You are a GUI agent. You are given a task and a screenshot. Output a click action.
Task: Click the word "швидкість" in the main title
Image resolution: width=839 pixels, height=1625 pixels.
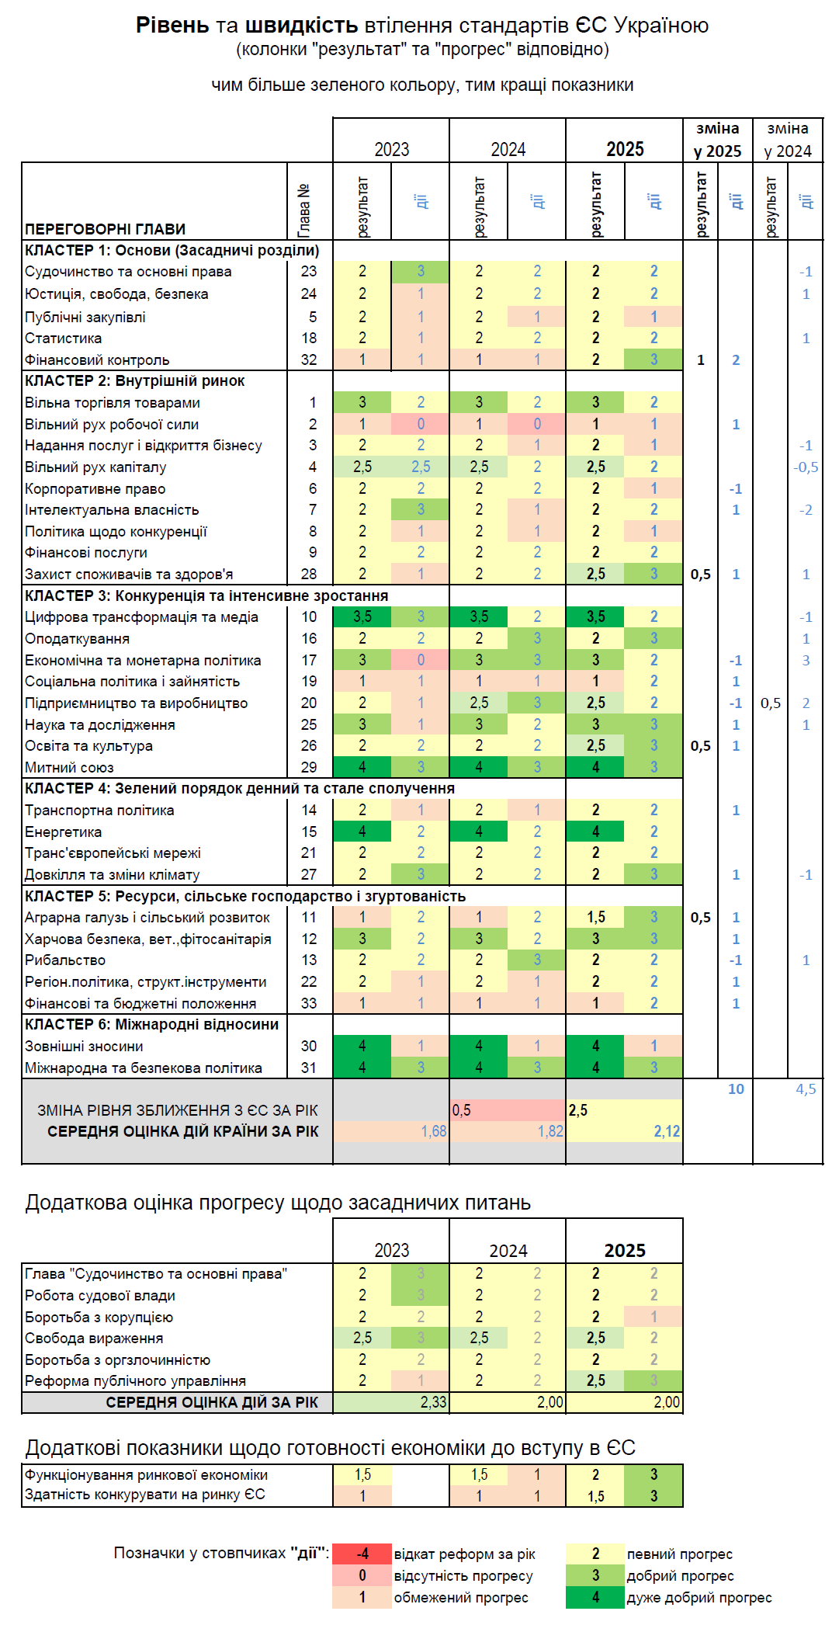(301, 26)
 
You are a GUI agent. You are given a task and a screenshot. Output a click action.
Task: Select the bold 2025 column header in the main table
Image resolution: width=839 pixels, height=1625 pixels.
(625, 149)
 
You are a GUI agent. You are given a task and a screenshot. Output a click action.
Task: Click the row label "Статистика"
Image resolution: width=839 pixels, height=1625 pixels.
(63, 339)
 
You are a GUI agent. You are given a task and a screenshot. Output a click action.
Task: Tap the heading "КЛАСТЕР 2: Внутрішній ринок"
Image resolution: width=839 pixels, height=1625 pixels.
(134, 381)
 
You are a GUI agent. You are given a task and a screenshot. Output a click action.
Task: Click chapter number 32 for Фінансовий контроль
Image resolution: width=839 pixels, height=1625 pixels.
(309, 360)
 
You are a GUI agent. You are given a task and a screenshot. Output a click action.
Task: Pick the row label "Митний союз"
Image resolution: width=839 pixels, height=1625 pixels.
(69, 768)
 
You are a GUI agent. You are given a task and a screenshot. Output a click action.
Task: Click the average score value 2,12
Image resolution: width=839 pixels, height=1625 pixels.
(666, 1131)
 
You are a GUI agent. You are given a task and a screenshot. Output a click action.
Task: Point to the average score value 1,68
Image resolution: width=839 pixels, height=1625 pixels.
(433, 1131)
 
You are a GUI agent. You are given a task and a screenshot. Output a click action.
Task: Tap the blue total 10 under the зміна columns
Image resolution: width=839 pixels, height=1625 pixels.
(736, 1089)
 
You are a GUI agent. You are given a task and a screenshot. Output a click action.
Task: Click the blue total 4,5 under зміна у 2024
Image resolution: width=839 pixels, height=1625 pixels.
(806, 1089)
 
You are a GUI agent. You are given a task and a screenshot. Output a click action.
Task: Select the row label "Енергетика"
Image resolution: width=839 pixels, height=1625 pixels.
(63, 832)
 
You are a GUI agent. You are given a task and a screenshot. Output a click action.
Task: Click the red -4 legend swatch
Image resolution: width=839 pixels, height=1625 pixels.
(362, 1554)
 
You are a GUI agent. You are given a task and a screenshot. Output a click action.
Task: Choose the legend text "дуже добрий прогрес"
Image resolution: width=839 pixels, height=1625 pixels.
(699, 1598)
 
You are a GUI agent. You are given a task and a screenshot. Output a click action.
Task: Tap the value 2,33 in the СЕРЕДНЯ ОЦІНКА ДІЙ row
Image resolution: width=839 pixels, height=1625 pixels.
(433, 1403)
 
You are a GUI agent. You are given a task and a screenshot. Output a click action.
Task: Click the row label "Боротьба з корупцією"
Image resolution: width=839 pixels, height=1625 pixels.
(99, 1318)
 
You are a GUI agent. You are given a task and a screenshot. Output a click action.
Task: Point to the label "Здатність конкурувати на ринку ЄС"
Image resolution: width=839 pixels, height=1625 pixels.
(144, 1495)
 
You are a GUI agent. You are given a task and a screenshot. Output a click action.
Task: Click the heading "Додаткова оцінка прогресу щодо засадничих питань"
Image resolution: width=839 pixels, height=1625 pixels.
(278, 1203)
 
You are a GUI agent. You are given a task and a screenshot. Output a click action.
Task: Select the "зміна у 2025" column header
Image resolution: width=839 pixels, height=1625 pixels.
(717, 140)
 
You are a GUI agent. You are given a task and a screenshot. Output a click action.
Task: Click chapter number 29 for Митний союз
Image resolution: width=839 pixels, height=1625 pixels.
(309, 768)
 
